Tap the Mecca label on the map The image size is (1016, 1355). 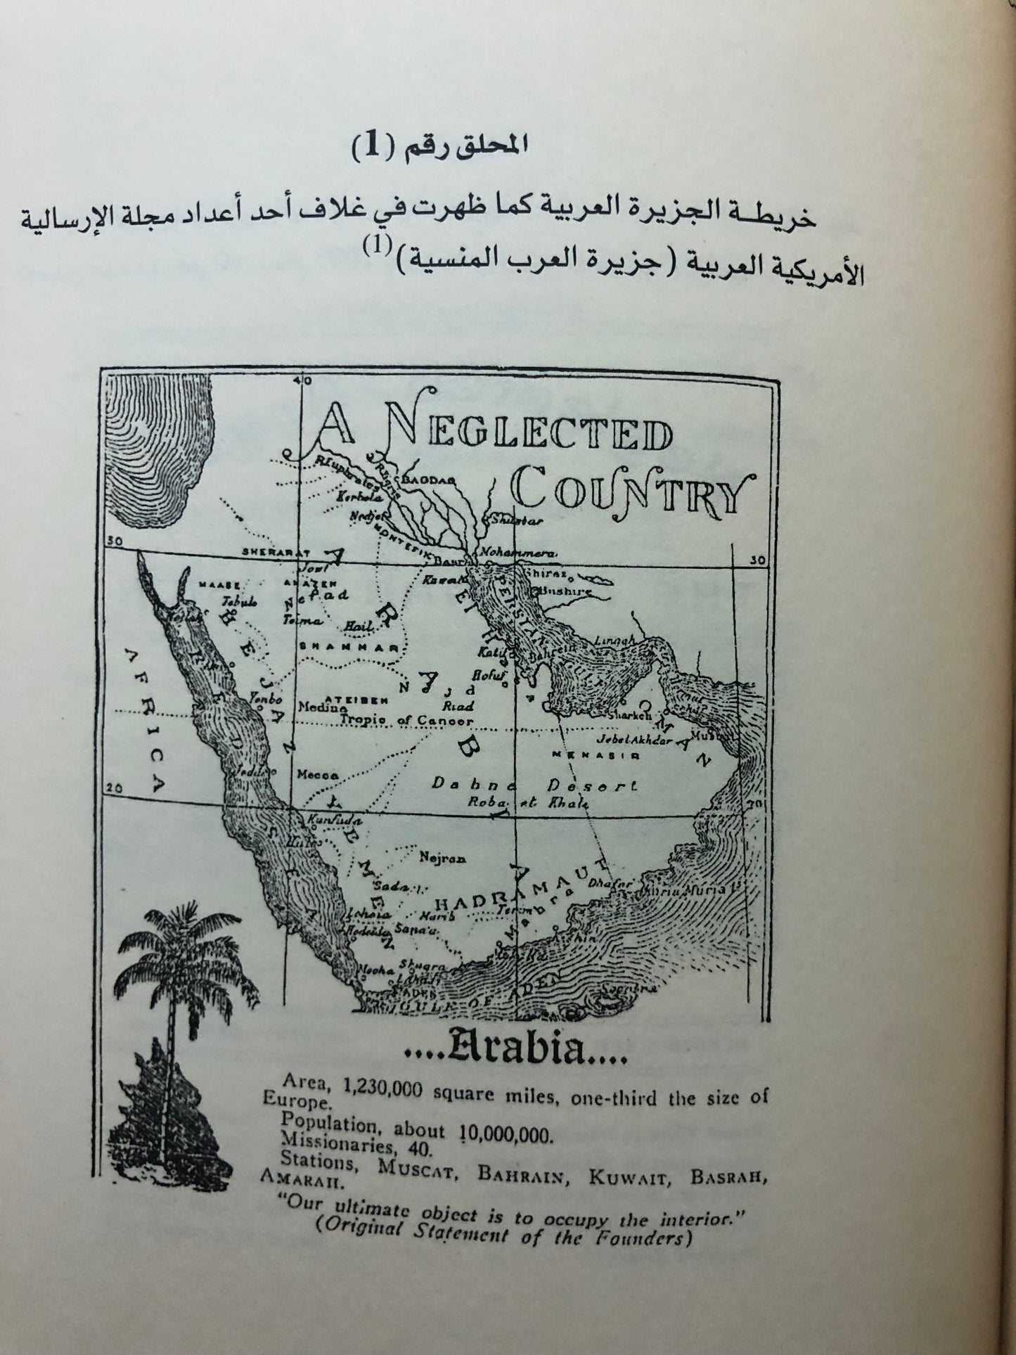(x=318, y=774)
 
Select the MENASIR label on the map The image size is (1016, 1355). (x=594, y=757)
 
